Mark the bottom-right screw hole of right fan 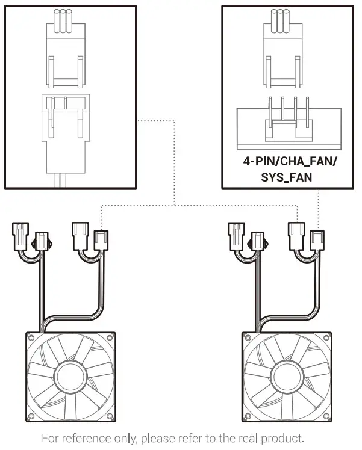[329, 417]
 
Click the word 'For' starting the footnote [51, 438]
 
